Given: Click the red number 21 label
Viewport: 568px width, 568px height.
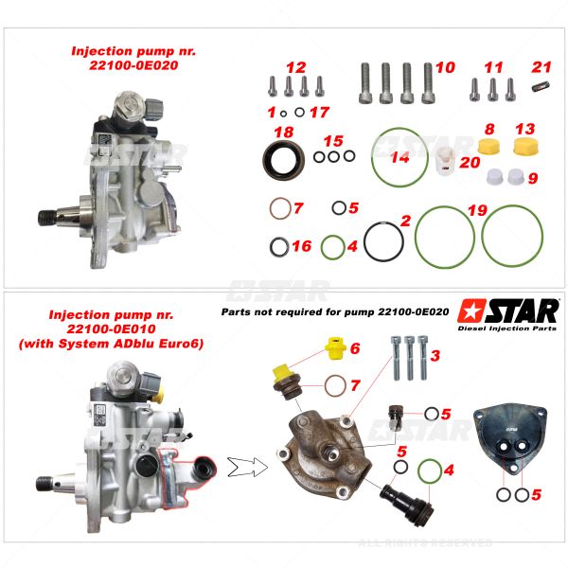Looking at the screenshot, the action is point(541,67).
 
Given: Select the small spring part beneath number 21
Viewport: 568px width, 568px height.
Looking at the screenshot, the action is point(541,87).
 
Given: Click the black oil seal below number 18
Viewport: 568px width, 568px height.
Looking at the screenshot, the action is point(283,160).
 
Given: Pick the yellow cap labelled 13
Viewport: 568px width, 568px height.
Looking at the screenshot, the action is point(526,146).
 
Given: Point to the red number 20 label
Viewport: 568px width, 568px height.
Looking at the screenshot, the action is point(470,162).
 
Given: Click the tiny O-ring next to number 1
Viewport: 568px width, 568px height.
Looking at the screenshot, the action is point(283,114).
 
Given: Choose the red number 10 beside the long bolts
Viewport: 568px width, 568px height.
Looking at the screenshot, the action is point(445,68).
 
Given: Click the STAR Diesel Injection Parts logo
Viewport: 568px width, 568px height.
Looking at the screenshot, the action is point(507,314).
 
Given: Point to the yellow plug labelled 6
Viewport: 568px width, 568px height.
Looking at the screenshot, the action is point(335,348).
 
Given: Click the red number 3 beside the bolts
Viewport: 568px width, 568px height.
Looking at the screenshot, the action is point(435,356).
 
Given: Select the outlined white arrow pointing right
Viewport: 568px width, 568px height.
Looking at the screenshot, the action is point(248,467).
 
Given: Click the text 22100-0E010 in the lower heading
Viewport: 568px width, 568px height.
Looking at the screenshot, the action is point(111,328).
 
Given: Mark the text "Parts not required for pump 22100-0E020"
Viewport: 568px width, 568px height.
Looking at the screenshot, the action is point(335,311).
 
